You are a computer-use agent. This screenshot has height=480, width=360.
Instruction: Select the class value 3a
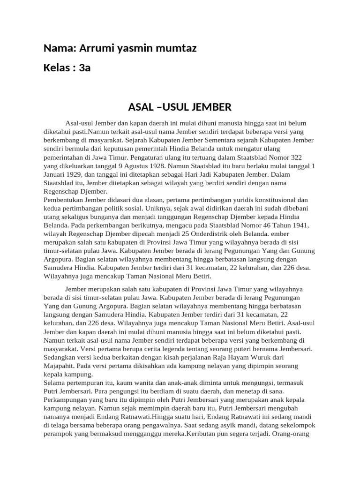coord(84,68)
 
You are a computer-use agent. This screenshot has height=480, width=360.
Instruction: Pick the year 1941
coord(298,225)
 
